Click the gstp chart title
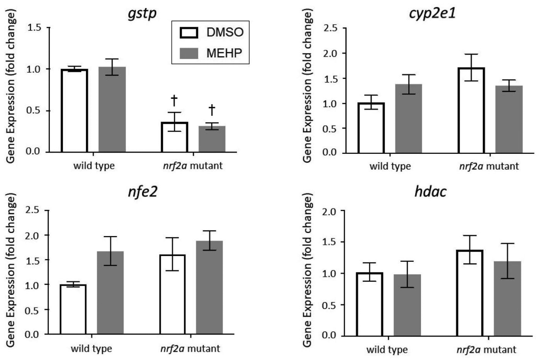click(142, 14)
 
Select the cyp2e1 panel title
click(432, 14)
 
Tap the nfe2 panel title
click(142, 192)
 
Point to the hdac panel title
click(430, 192)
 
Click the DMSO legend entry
click(212, 32)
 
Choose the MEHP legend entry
click(212, 53)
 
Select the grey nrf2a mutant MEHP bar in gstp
click(212, 139)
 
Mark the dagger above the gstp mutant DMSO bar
click(174, 101)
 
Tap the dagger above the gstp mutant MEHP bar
click(212, 110)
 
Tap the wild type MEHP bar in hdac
click(407, 305)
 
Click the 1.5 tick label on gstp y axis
click(34, 28)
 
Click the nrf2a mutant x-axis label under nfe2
click(190, 349)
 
